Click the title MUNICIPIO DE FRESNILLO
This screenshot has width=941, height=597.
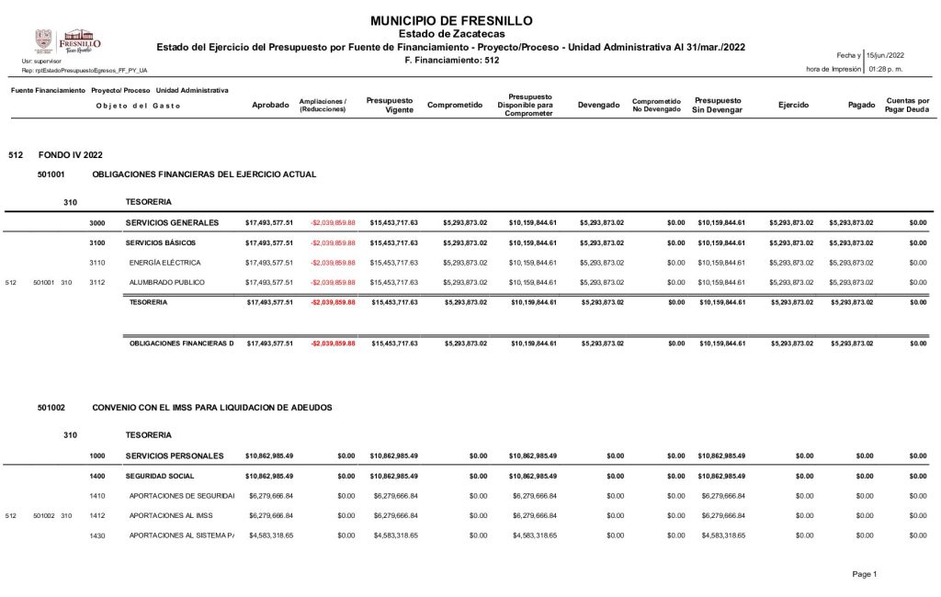[450, 21]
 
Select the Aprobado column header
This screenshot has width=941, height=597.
[270, 106]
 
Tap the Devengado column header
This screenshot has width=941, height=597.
[598, 106]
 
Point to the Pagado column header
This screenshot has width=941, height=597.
[861, 106]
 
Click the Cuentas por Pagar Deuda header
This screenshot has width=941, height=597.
[907, 106]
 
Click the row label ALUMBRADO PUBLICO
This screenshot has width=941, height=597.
[167, 282]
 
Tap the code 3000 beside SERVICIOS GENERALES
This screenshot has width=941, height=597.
[97, 222]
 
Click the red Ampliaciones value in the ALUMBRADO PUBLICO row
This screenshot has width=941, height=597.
[332, 282]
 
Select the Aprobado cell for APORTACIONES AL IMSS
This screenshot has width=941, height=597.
[270, 515]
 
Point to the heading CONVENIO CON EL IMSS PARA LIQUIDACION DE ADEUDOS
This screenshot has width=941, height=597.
[212, 407]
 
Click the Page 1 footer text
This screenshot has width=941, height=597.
[865, 574]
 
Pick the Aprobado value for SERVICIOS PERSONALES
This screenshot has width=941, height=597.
[269, 456]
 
